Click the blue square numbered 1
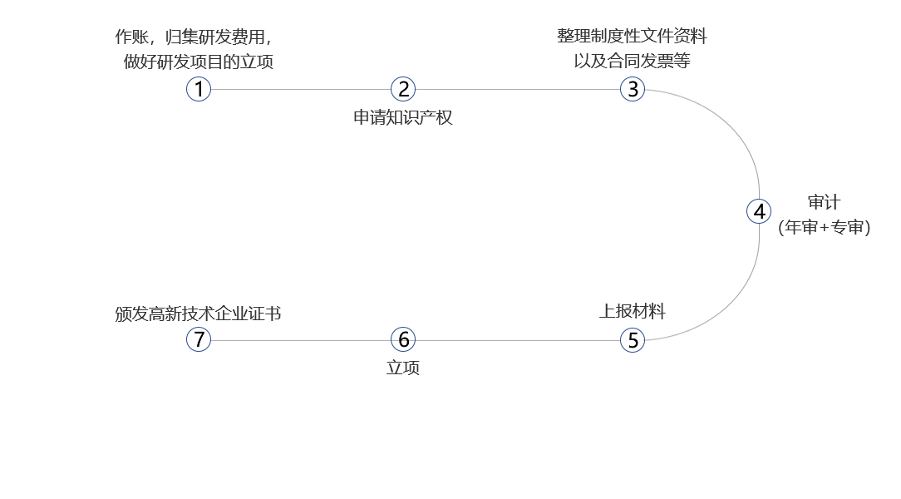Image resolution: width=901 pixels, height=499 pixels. point(199,89)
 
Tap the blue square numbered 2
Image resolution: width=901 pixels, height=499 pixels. point(403,89)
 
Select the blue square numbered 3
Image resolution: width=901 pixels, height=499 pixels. point(633,89)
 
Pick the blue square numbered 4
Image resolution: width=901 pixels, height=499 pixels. point(759,211)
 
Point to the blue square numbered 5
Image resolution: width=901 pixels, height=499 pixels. point(633,339)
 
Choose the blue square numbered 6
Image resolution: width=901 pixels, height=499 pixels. point(403,339)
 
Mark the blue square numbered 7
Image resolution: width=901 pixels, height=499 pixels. point(199,339)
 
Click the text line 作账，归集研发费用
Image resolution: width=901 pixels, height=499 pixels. point(193,37)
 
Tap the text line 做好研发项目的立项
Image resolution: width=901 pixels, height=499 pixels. point(198,62)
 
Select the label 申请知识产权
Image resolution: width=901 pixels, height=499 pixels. point(403,117)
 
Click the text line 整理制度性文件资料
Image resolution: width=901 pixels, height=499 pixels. point(632,37)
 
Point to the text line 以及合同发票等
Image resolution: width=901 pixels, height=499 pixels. point(632,60)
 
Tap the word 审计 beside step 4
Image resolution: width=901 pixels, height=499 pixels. point(824,204)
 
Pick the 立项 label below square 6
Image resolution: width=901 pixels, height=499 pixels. point(403,368)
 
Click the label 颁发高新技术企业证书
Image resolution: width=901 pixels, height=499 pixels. point(198,314)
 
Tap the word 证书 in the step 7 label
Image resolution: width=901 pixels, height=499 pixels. point(264,314)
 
